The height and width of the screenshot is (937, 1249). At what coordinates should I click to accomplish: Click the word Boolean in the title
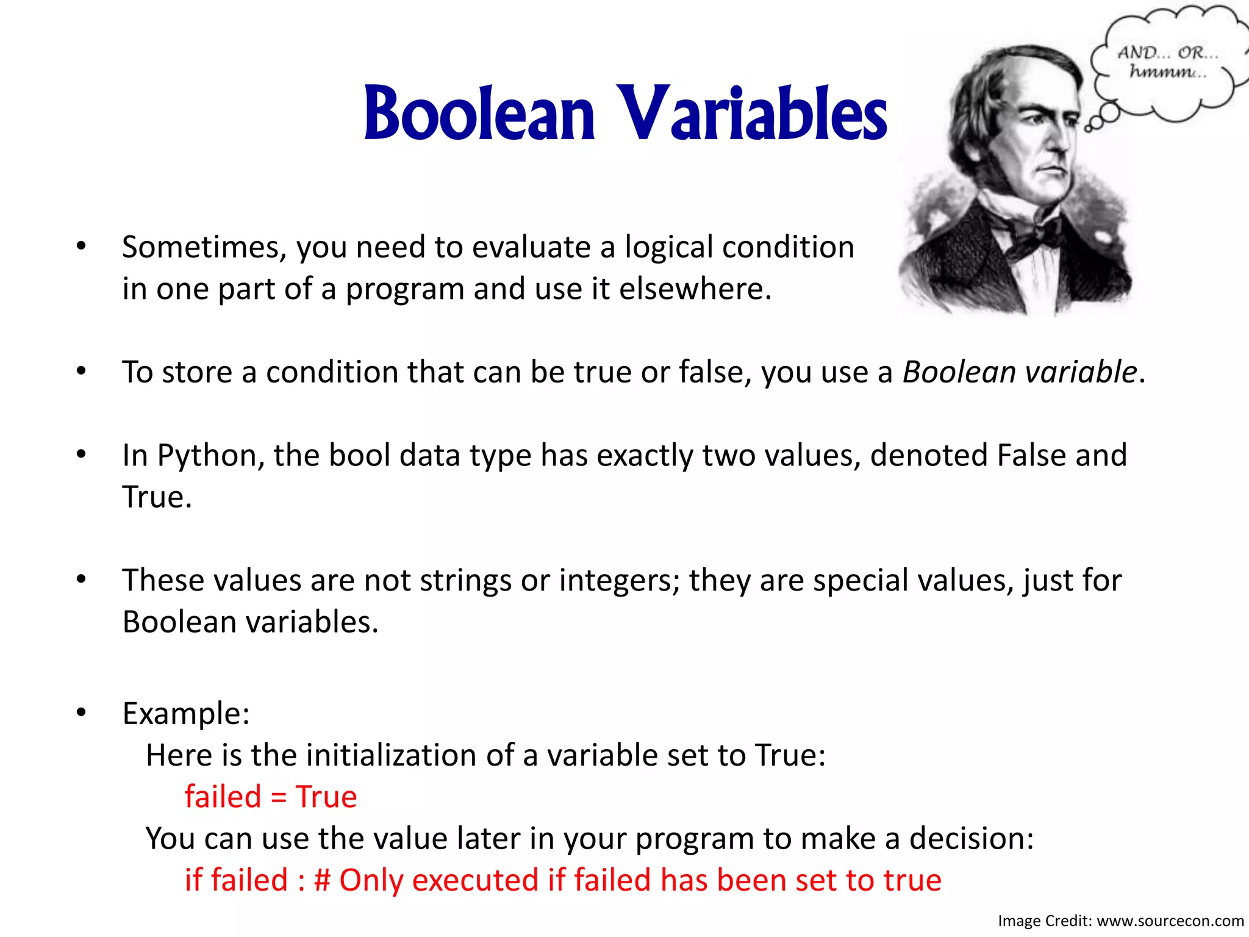[479, 114]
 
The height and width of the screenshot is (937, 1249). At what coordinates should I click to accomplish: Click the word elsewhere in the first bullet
[695, 289]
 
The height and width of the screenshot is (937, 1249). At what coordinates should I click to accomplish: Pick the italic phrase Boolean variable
[1019, 372]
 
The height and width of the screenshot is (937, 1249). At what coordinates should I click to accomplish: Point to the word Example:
[186, 713]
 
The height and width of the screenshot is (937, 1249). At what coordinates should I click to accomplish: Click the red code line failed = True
[271, 797]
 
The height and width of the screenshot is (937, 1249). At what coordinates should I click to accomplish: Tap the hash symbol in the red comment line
[322, 880]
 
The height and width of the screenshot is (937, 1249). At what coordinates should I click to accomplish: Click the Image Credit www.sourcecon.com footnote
[1121, 921]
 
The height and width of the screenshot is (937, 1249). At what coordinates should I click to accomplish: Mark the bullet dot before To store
[81, 371]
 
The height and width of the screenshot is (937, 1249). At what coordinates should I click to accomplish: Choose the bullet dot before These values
[81, 579]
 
